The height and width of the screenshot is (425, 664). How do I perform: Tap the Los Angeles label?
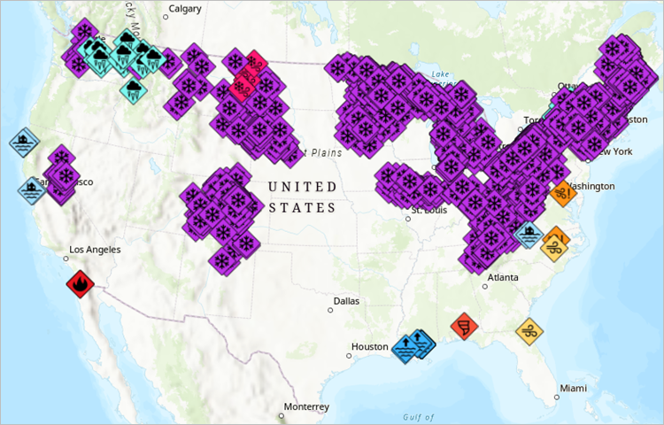pos(94,250)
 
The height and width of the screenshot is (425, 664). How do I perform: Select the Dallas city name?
pos(346,301)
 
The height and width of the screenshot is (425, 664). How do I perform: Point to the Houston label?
pos(370,347)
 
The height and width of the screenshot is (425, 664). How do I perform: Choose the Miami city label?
pos(573,389)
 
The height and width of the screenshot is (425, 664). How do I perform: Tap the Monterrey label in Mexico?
pos(306,407)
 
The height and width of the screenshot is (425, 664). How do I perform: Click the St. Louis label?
pos(429,210)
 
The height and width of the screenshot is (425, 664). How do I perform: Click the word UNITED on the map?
pos(303,187)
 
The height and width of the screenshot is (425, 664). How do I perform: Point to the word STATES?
pos(303,208)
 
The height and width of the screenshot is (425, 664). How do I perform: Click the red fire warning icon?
pos(81,285)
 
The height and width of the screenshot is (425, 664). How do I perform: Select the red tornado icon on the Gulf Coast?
pos(464,327)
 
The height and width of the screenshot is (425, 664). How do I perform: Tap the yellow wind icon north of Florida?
pos(529,332)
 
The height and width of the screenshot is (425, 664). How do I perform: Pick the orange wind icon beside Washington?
pos(563,191)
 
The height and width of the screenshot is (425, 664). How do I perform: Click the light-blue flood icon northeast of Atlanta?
pos(529,235)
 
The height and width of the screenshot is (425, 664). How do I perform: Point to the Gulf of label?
pos(417,417)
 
